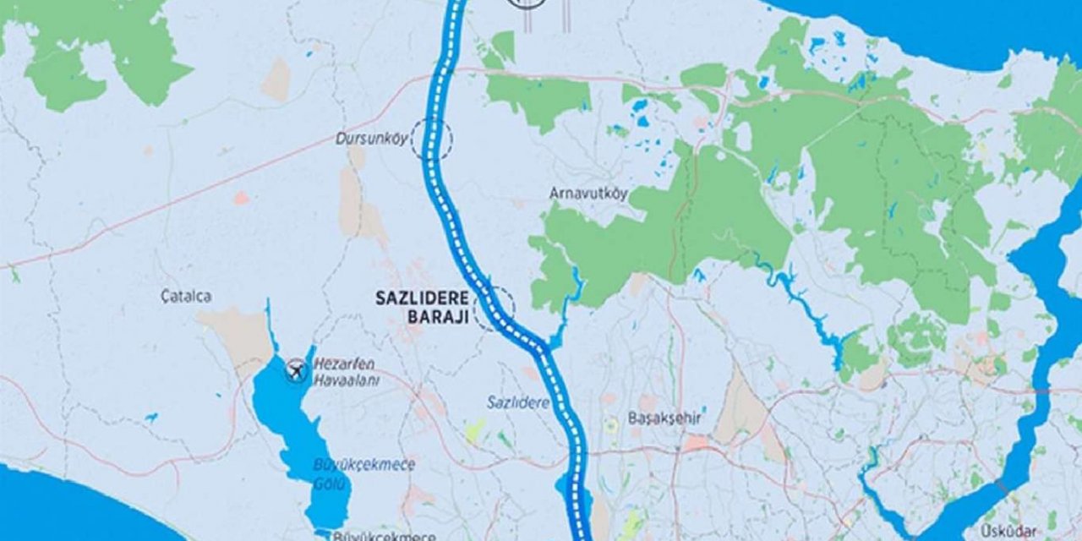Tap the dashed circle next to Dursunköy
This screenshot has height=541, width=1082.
click(x=432, y=139)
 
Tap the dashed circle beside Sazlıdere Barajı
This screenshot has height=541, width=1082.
click(x=494, y=308)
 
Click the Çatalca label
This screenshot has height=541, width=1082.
click(x=185, y=296)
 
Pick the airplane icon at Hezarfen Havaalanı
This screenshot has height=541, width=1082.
click(x=296, y=369)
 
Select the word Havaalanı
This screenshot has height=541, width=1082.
click(x=347, y=381)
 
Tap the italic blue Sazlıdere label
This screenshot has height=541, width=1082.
click(x=517, y=402)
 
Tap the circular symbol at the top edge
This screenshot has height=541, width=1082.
click(x=527, y=3)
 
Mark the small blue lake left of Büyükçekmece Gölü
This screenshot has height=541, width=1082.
click(x=150, y=418)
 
